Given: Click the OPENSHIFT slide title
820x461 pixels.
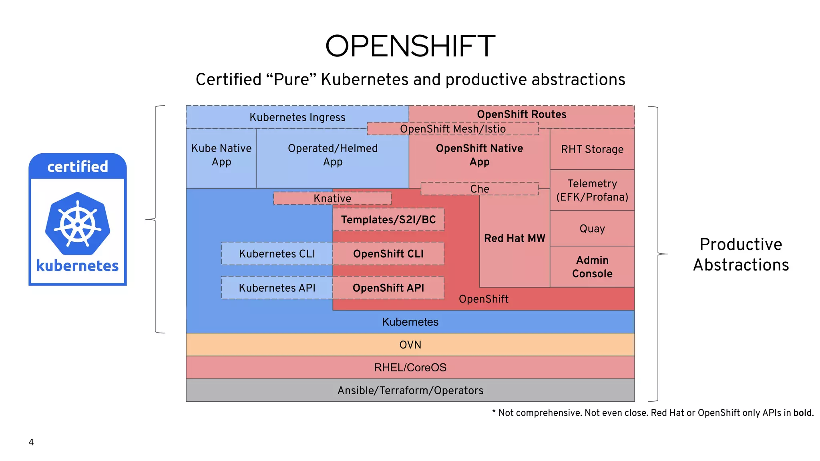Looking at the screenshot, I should pos(410,46).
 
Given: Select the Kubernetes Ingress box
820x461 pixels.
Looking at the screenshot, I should pos(297,117).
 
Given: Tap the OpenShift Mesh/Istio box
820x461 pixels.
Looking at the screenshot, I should pos(452,129).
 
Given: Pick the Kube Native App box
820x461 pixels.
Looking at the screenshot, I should pos(221,155).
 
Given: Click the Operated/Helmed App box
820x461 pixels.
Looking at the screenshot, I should pos(332,155).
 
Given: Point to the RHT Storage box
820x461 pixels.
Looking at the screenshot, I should pos(592,149).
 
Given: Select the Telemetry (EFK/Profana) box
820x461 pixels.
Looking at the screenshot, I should pos(592,190).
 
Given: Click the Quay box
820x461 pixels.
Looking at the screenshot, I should pos(592,228).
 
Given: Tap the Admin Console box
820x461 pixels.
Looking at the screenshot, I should pos(592,267).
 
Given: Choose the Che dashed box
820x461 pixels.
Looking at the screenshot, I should pos(480,189).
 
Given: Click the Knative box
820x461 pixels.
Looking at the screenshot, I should pos(332,198).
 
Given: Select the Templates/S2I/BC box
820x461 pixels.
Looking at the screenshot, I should pos(388,220).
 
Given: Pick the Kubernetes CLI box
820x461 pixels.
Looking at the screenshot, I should pos(277,254).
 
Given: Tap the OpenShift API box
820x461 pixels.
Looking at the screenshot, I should pos(388,288).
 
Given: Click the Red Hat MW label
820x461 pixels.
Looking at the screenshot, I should pos(515,239).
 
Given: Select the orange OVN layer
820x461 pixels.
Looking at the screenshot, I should pos(410,345).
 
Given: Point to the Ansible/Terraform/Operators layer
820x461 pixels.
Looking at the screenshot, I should pos(410,390).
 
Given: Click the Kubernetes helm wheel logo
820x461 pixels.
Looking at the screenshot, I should pos(78,223).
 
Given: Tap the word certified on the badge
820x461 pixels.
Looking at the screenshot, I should pos(78,166).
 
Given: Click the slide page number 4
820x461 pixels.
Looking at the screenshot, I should pos(31,442).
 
